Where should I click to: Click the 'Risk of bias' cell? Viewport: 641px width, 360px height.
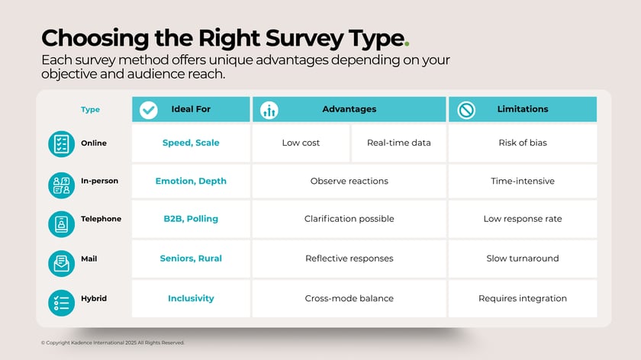[522, 143]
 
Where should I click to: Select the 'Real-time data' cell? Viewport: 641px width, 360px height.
[398, 143]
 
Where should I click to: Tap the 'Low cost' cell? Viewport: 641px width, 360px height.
[301, 143]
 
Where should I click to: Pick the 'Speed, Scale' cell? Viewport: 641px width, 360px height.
[191, 143]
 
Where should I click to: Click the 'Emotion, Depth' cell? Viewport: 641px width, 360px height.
[191, 182]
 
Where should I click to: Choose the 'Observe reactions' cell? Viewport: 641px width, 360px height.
[349, 182]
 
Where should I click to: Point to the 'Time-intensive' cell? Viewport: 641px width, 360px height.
[522, 182]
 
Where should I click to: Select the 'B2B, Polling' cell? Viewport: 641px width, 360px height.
[191, 219]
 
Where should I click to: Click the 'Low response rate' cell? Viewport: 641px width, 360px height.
[522, 219]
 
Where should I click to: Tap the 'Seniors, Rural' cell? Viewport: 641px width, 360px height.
[191, 259]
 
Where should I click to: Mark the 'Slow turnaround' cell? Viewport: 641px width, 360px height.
[522, 259]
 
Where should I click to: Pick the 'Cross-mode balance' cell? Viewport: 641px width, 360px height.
[349, 298]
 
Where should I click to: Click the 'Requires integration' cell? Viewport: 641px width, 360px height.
[522, 298]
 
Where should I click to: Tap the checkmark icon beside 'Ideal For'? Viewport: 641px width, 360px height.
[148, 110]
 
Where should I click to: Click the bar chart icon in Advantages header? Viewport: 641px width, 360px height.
[269, 110]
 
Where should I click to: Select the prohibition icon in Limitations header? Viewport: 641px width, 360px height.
[465, 110]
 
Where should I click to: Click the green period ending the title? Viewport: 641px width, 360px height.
[406, 44]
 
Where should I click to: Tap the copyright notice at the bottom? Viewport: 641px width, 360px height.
[112, 343]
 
